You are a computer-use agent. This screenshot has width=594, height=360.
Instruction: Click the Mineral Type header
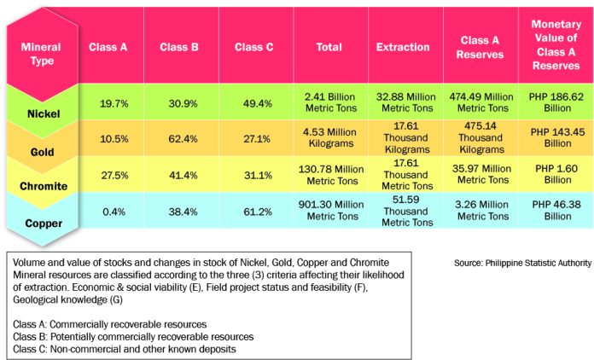click(x=41, y=54)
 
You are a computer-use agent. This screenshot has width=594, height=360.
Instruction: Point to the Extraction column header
click(x=403, y=46)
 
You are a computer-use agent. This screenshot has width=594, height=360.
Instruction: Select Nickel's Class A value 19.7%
click(x=114, y=103)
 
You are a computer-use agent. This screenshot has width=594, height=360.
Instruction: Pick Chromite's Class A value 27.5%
click(x=114, y=175)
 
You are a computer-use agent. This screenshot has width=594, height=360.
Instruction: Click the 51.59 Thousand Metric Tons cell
click(x=403, y=211)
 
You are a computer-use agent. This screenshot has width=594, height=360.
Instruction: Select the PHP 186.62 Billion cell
click(x=556, y=103)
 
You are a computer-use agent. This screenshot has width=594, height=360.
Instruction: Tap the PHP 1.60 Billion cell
click(x=556, y=175)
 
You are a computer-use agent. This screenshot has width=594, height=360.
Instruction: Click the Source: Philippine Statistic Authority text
click(x=523, y=264)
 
